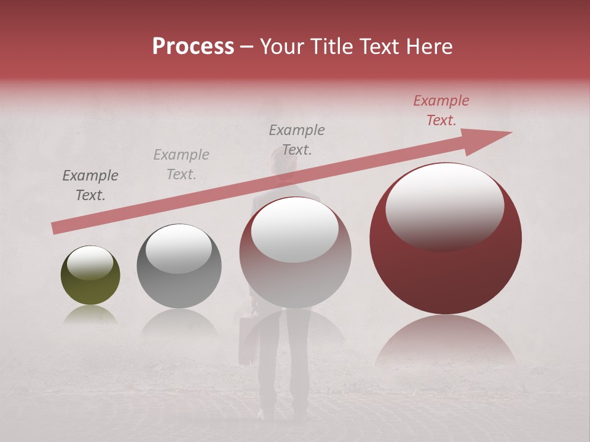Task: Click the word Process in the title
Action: click(193, 47)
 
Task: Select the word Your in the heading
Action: click(283, 47)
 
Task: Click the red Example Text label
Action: click(441, 110)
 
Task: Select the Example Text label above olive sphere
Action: click(90, 185)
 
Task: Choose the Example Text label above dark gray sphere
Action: click(181, 165)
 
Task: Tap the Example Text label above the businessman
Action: click(297, 139)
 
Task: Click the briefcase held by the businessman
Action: click(247, 341)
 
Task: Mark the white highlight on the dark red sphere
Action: click(444, 207)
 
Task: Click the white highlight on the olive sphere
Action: click(90, 263)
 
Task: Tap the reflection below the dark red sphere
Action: click(446, 341)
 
